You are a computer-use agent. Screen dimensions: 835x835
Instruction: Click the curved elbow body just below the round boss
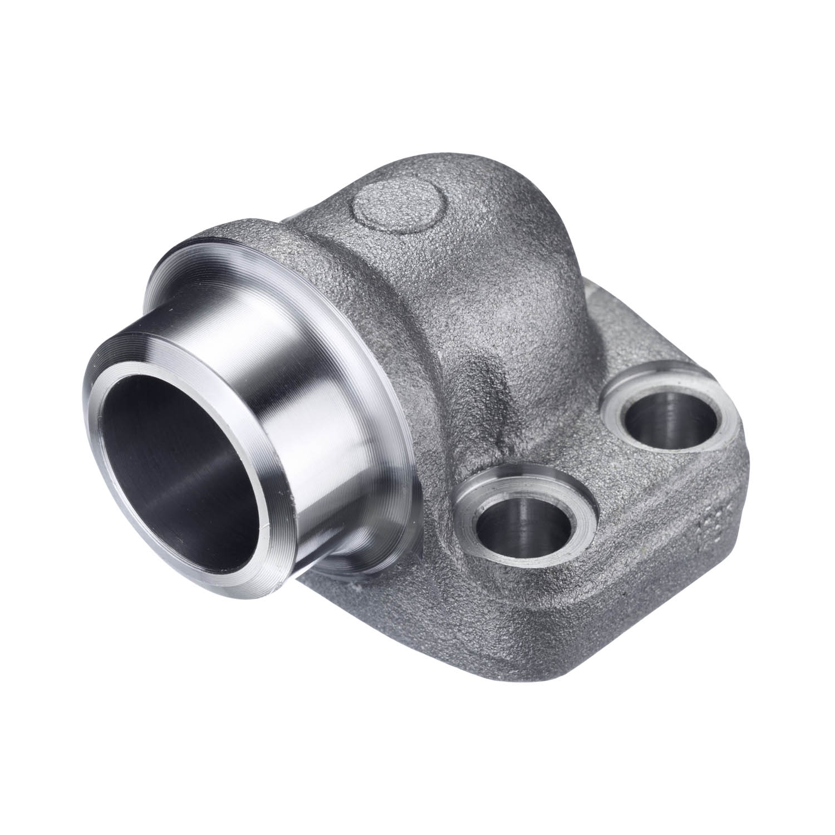(x=423, y=278)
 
